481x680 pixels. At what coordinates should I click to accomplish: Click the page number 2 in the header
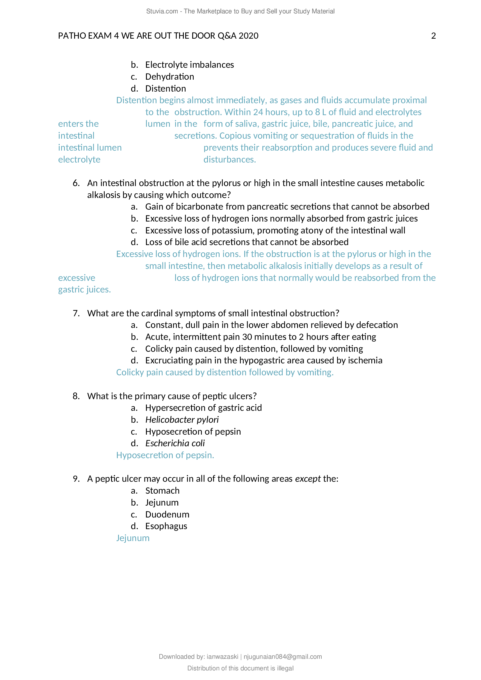(x=433, y=36)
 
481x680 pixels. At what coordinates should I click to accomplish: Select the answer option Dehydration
(x=170, y=77)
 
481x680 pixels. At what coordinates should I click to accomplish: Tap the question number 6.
(x=76, y=183)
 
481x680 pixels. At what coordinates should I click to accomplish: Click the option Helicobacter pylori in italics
(x=182, y=420)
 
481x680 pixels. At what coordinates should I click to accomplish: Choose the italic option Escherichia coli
(x=175, y=443)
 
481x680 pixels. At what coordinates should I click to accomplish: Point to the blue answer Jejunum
(x=133, y=538)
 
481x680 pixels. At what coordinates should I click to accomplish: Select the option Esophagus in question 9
(x=166, y=526)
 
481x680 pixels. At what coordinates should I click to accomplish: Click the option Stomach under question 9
(x=162, y=491)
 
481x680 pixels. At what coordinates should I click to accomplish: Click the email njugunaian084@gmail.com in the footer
(x=283, y=657)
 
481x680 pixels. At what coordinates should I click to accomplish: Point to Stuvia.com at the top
(x=162, y=11)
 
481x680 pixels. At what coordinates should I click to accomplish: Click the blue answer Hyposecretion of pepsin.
(x=165, y=455)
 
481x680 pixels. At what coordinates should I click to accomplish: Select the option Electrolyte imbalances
(x=189, y=65)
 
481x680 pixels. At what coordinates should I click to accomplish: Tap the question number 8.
(x=76, y=396)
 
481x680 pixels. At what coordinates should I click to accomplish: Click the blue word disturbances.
(x=229, y=160)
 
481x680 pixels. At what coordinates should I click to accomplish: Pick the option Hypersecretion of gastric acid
(x=204, y=408)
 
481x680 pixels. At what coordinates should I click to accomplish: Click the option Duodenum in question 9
(x=167, y=515)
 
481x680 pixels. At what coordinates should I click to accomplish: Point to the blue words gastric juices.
(x=84, y=289)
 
